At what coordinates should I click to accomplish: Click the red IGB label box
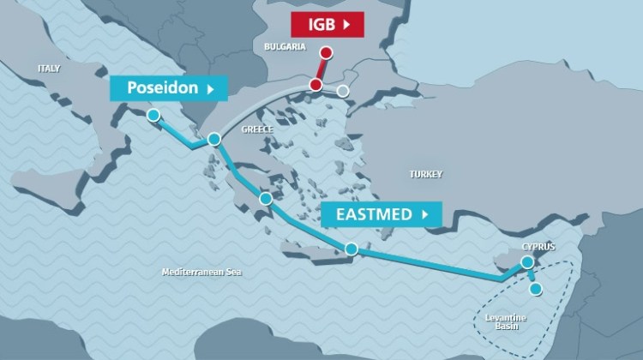click(326, 26)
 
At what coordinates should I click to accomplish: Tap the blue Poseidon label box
click(168, 87)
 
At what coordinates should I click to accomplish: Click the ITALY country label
click(49, 68)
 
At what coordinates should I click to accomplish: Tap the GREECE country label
click(257, 129)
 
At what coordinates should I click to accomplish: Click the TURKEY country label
click(425, 174)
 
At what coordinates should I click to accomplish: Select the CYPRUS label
click(538, 247)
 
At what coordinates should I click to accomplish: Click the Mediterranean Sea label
click(201, 272)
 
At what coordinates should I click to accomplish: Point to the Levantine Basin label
click(506, 322)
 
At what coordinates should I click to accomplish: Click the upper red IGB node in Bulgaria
click(326, 52)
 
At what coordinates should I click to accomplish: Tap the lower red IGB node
click(316, 85)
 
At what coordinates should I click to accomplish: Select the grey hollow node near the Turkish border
click(343, 90)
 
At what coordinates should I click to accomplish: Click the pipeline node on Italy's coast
click(153, 115)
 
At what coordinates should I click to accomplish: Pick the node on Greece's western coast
click(214, 138)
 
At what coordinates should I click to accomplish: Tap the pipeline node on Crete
click(352, 249)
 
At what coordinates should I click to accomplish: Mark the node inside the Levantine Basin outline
click(536, 289)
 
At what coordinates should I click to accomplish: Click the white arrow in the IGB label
click(346, 26)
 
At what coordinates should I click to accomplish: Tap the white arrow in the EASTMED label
click(424, 213)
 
